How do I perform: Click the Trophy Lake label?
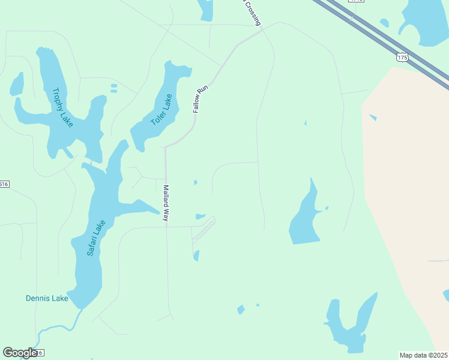[x=62, y=107]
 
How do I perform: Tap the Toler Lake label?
[x=161, y=109]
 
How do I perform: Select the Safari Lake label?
[x=96, y=238]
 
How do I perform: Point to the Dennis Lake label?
[x=47, y=298]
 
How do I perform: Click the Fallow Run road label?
[x=200, y=99]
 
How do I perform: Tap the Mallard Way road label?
[x=166, y=203]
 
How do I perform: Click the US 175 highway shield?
[x=402, y=57]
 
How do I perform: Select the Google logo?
[x=20, y=353]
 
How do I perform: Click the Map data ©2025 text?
[x=424, y=355]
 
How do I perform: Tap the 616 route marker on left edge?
[x=4, y=184]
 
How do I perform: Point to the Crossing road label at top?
[x=252, y=12]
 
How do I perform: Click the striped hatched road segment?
[x=203, y=230]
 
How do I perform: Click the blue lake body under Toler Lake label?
[x=144, y=137]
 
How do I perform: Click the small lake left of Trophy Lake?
[x=17, y=85]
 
